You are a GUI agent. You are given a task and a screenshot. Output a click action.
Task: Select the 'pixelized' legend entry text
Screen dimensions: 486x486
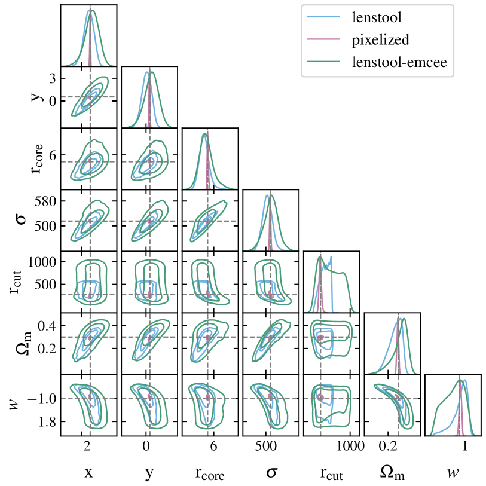click(x=380, y=40)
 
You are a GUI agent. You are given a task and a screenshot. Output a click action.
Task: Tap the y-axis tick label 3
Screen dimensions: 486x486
click(x=52, y=78)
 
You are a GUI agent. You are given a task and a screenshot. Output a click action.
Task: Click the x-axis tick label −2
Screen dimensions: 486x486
click(x=82, y=446)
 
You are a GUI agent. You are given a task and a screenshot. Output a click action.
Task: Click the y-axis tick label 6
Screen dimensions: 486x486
click(x=52, y=154)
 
